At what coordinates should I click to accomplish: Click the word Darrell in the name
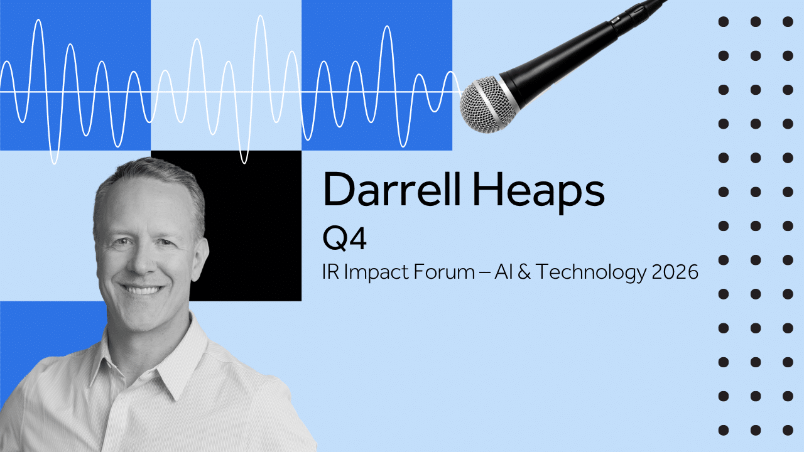(x=391, y=189)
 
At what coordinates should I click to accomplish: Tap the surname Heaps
(x=538, y=192)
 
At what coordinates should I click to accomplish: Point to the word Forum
(x=444, y=272)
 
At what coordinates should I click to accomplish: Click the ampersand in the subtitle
(x=524, y=272)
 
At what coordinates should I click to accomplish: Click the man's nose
(x=142, y=264)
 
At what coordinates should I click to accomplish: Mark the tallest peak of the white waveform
(x=260, y=16)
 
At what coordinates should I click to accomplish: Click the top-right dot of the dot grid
(x=788, y=22)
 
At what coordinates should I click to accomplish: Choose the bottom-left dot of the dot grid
(x=723, y=430)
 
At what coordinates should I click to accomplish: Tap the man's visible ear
(x=200, y=258)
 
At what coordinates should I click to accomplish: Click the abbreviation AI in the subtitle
(x=503, y=272)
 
